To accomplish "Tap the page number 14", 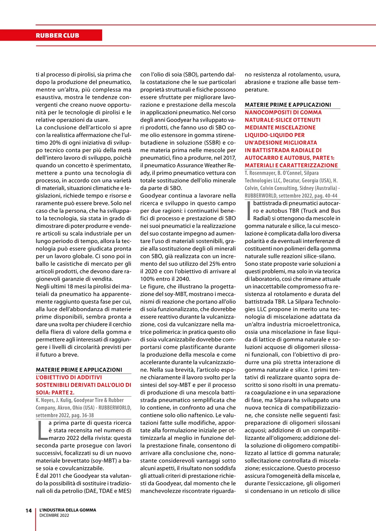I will coord(29,510).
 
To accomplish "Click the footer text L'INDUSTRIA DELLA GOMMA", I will coord(68,510).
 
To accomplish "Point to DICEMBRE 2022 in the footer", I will coord(54,515).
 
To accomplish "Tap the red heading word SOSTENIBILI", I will coord(54,384).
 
